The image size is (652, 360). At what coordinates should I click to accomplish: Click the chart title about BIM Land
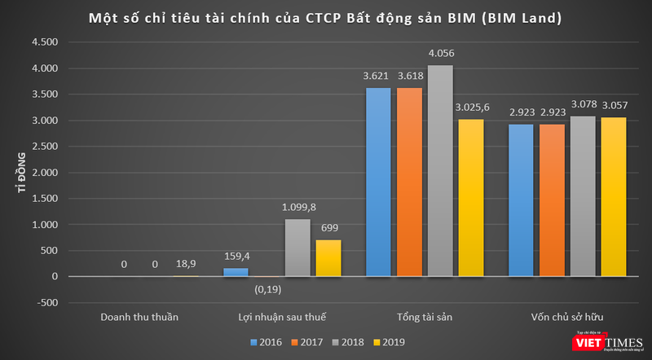tap(326, 17)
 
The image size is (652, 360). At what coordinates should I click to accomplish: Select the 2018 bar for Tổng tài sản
tap(441, 171)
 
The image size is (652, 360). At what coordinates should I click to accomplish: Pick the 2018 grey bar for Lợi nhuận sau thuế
tap(297, 248)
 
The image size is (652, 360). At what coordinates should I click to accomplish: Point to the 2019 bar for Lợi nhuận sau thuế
tap(328, 258)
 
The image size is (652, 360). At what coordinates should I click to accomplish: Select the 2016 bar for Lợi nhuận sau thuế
tap(235, 272)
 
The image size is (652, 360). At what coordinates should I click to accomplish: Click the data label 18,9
tap(187, 265)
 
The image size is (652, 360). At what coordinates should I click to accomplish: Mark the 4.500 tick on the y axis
tap(47, 42)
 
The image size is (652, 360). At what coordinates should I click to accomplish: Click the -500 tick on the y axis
tap(49, 303)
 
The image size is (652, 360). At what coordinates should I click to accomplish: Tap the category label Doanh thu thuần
tap(139, 315)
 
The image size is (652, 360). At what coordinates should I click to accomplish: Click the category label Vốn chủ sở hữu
tap(568, 315)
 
